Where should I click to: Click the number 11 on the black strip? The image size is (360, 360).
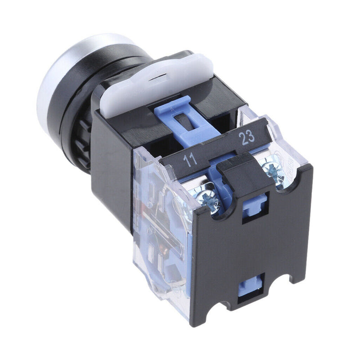point(190,160)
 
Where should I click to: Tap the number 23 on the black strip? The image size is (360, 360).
point(247,137)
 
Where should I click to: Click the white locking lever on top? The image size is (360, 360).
point(156,83)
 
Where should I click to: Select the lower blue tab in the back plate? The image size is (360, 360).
point(250,287)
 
